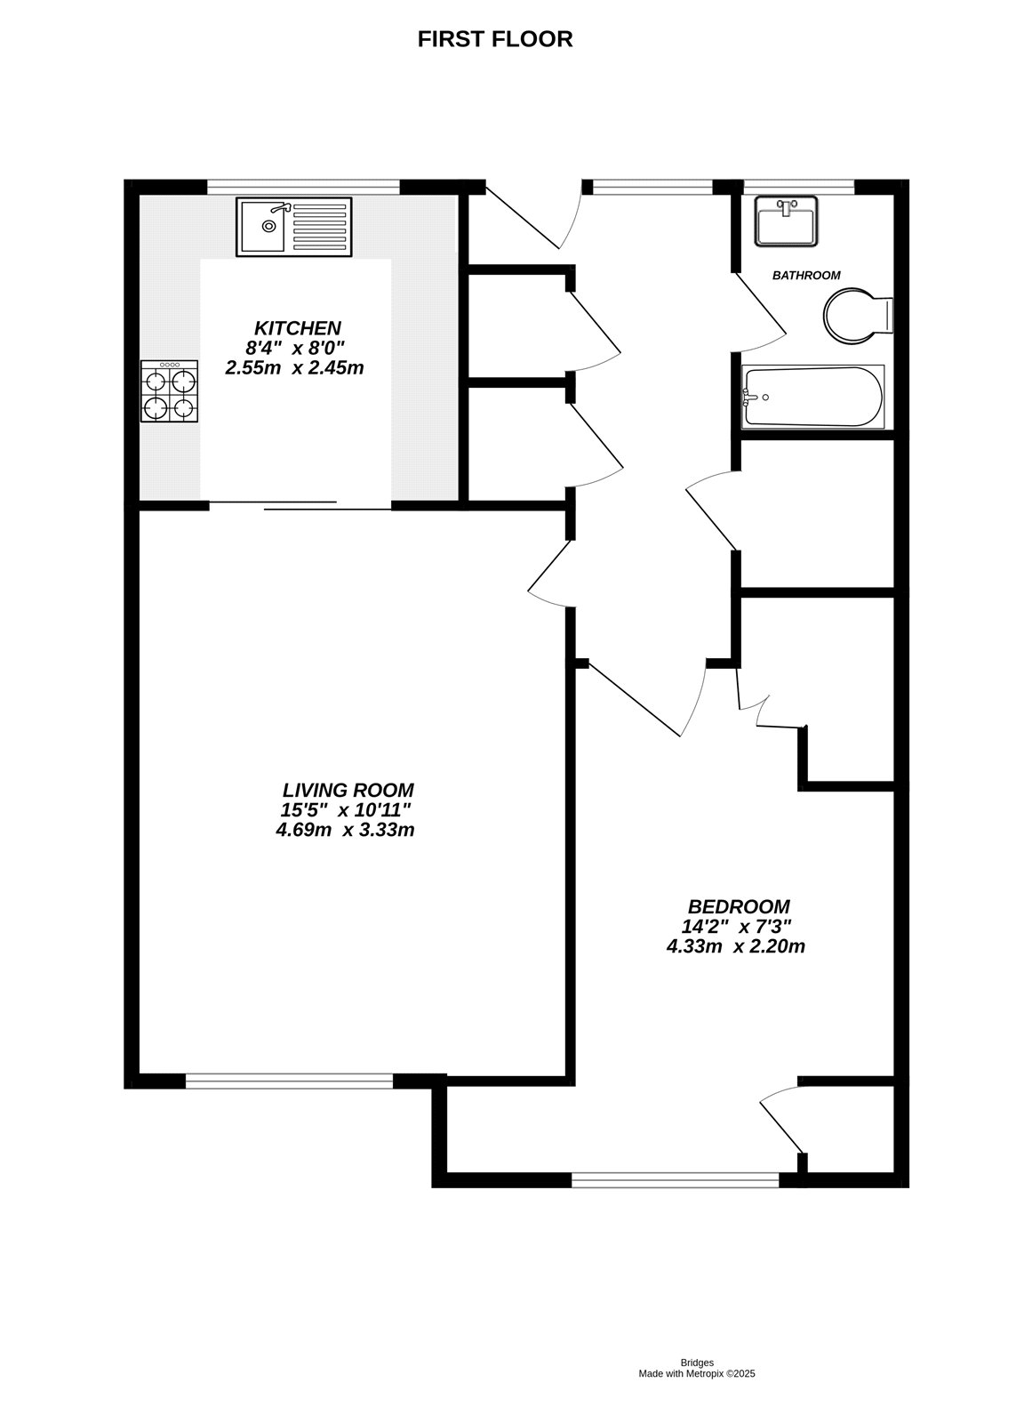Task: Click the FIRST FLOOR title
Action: point(495,39)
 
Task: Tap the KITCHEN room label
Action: point(297,328)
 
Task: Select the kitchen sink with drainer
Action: point(294,227)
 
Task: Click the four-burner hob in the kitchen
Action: point(169,390)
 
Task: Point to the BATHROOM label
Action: point(806,275)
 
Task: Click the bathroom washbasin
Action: point(786,221)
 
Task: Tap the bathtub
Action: point(813,397)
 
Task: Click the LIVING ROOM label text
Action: point(348,791)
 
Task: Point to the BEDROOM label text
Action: point(739,906)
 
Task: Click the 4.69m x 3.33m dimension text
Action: point(345,830)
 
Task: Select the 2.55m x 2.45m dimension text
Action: point(294,368)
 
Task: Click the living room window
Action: point(289,1081)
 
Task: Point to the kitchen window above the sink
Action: point(304,187)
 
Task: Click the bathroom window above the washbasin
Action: point(799,187)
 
